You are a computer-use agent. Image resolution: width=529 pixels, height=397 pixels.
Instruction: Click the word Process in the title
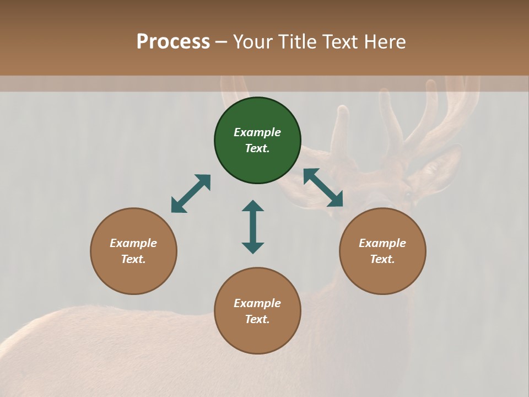(x=173, y=42)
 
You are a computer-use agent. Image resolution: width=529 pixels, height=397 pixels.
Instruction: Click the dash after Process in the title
(x=222, y=42)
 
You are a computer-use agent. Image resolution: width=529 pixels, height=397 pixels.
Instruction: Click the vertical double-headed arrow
(x=253, y=227)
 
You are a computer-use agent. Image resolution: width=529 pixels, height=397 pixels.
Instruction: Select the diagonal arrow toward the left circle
(x=191, y=194)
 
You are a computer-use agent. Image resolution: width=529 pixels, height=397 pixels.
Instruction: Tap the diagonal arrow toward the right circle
(x=323, y=187)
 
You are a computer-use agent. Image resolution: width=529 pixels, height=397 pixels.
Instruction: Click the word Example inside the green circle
(x=257, y=132)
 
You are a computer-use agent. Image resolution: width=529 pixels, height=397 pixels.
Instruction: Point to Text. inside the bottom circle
(x=257, y=319)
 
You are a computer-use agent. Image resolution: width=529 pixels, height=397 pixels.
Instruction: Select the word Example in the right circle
(x=382, y=243)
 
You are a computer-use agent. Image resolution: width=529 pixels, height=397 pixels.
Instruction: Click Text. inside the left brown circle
(x=133, y=259)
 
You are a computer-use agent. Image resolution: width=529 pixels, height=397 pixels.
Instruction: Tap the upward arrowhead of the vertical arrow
(x=253, y=206)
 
